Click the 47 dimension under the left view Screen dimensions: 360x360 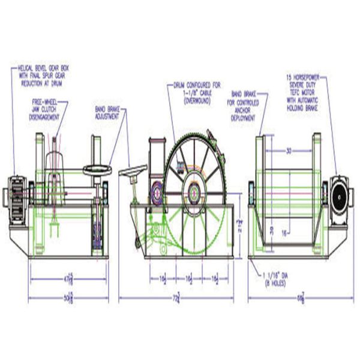(68, 279)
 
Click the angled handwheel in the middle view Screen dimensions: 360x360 (133, 171)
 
